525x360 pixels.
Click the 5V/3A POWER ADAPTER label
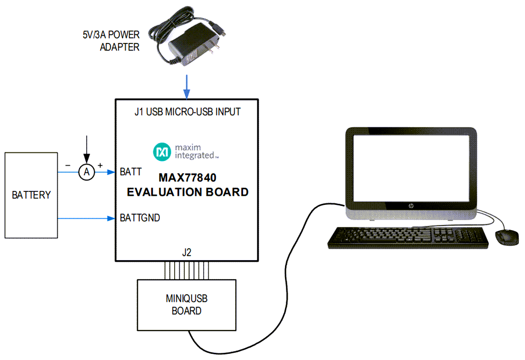pyautogui.click(x=111, y=42)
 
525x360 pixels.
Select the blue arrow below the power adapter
pyautogui.click(x=187, y=85)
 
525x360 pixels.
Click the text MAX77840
pyautogui.click(x=188, y=178)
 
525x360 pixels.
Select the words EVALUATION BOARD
pyautogui.click(x=187, y=192)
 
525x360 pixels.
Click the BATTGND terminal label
pyautogui.click(x=140, y=218)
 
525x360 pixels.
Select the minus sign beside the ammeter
pyautogui.click(x=68, y=165)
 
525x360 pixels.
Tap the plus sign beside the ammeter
pyautogui.click(x=100, y=165)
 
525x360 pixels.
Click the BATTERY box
pyautogui.click(x=31, y=195)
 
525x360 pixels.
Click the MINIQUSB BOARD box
pyautogui.click(x=187, y=305)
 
